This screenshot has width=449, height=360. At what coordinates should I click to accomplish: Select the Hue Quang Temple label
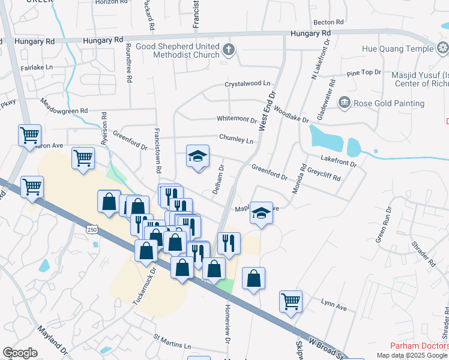click(397, 49)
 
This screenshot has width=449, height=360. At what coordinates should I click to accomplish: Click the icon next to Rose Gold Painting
click(344, 103)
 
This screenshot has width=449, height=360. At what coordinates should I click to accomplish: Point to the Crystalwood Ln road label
click(247, 84)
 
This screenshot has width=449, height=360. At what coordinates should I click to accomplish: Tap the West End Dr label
click(267, 112)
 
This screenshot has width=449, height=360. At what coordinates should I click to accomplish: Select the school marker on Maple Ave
click(261, 214)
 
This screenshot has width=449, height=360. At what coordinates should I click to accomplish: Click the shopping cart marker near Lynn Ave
click(291, 302)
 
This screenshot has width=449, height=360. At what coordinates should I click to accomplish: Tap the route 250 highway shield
click(91, 229)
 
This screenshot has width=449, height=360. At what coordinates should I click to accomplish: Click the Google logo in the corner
click(20, 353)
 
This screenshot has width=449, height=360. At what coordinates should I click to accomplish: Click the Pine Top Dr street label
click(364, 73)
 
